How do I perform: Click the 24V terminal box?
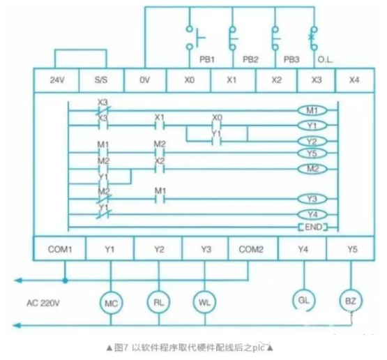[x=57, y=80]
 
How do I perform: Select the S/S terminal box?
[x=101, y=80]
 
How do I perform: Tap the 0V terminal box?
[x=145, y=80]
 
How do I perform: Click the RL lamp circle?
[x=158, y=302]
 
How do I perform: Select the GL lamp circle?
[x=303, y=301]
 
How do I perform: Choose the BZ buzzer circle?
[x=350, y=301]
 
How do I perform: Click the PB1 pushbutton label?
[x=207, y=59]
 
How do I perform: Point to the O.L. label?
[x=325, y=59]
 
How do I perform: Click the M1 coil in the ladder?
[x=311, y=111]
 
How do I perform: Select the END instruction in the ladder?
[x=311, y=227]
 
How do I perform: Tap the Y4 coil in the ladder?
[x=311, y=213]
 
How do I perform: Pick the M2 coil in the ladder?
[x=311, y=170]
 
